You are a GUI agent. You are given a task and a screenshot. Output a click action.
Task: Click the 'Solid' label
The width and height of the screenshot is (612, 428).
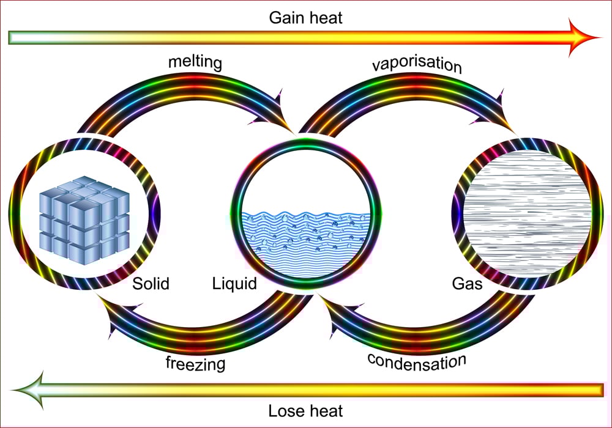point(151,284)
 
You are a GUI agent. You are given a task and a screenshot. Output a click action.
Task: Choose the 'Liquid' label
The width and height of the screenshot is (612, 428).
point(234,284)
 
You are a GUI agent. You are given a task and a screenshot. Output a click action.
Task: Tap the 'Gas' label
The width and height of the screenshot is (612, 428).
point(467,284)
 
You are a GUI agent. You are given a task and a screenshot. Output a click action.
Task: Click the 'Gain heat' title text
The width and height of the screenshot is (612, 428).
point(306,18)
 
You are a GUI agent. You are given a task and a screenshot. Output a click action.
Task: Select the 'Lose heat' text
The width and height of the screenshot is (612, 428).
point(306,410)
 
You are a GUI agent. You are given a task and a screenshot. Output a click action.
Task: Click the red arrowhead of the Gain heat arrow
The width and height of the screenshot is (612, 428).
point(584,38)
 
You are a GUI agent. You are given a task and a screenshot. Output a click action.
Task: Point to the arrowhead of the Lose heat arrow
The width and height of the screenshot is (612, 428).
point(28,389)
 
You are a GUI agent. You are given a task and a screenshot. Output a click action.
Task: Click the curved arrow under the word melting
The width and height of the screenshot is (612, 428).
point(184,92)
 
